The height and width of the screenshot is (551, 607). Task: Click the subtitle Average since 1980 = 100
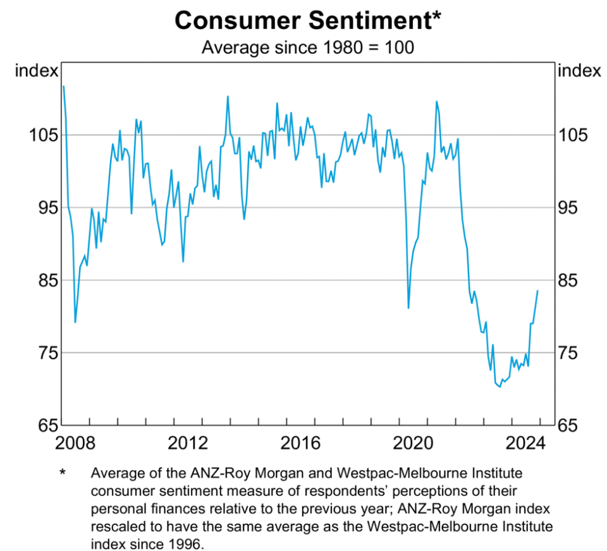click(x=308, y=47)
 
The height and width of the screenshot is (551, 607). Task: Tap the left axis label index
click(x=37, y=71)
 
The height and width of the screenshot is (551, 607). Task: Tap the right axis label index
click(x=579, y=71)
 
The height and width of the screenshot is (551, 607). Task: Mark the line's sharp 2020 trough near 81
click(x=408, y=308)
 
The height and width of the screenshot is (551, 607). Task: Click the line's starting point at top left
click(x=64, y=87)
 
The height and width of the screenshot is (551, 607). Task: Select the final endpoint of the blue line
click(x=537, y=291)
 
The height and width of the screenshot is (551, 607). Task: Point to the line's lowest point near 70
click(x=500, y=386)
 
